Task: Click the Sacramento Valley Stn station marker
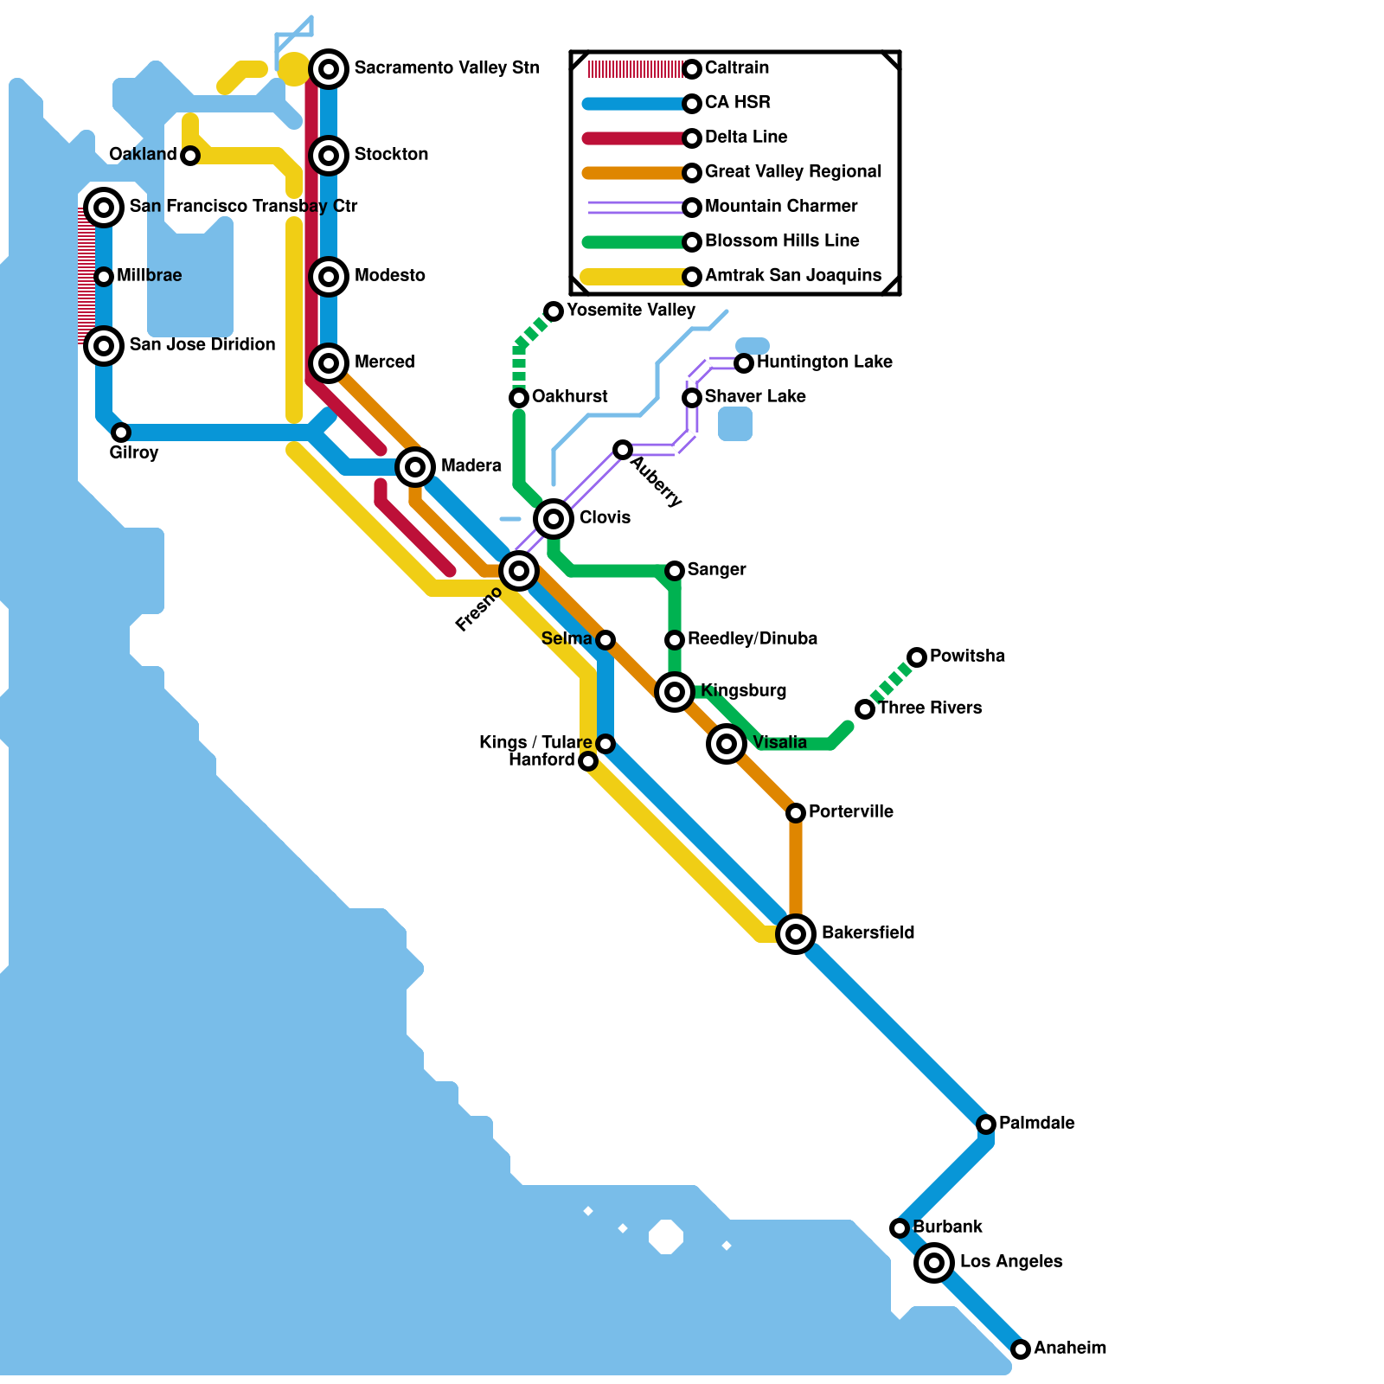(329, 69)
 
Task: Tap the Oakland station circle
(190, 156)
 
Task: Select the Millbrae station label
(149, 276)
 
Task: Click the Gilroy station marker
(121, 432)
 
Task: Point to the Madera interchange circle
(415, 467)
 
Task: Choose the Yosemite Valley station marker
(554, 311)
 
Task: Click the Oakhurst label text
(570, 397)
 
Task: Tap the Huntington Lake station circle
(744, 363)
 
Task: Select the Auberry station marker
(623, 450)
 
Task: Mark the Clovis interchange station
(554, 519)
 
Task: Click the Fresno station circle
(519, 571)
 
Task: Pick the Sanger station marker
(675, 571)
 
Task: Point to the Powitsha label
(967, 656)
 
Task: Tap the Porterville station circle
(796, 813)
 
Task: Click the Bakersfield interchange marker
(796, 934)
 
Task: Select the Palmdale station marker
(986, 1124)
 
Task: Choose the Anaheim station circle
(1021, 1349)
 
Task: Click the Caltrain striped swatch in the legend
(636, 69)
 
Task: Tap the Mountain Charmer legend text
(781, 206)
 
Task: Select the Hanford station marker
(588, 761)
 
